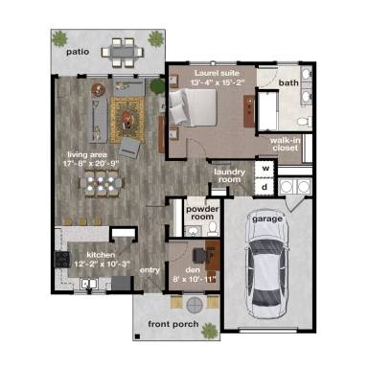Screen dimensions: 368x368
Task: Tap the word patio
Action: click(x=78, y=53)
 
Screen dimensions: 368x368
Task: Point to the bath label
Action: click(x=288, y=83)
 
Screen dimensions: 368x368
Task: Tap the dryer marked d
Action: click(x=264, y=187)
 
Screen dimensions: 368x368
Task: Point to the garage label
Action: click(x=266, y=218)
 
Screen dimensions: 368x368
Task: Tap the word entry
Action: click(x=149, y=270)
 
